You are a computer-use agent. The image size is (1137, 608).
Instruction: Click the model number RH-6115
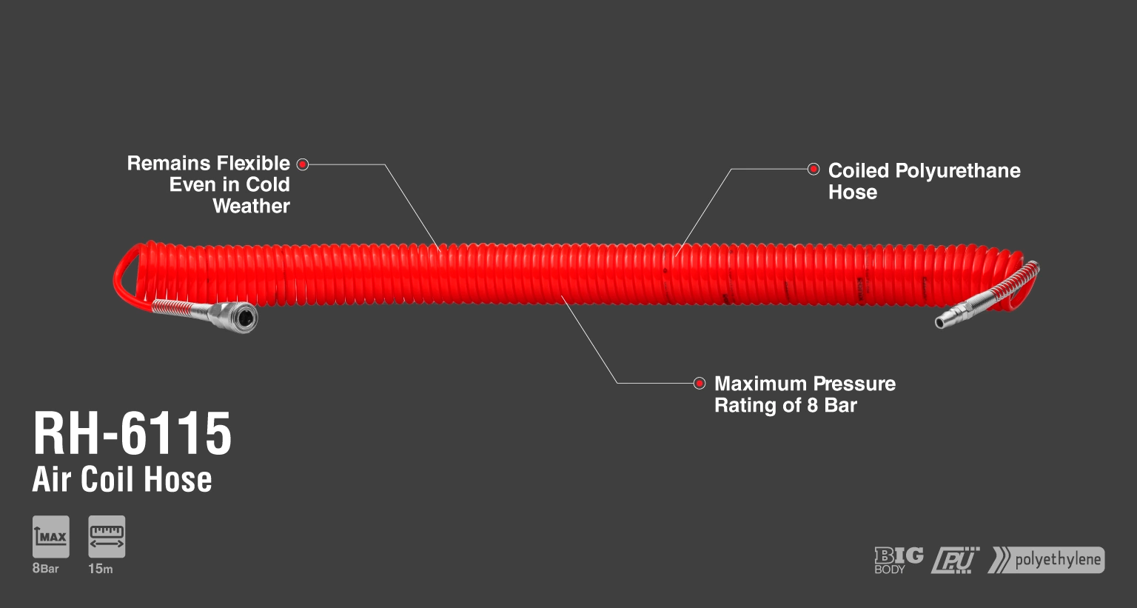pos(133,433)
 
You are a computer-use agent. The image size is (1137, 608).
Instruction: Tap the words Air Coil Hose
pos(122,479)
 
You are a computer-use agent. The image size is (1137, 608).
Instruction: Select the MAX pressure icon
pos(51,537)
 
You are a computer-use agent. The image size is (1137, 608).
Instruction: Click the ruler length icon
pos(107,537)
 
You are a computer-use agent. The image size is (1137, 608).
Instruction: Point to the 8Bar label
pos(46,569)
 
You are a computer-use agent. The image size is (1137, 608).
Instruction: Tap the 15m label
pos(101,569)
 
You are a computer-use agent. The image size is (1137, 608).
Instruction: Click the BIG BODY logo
pos(899,561)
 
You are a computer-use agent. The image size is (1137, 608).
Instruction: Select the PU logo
pos(956,561)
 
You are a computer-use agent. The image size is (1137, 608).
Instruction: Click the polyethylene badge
pos(1046,560)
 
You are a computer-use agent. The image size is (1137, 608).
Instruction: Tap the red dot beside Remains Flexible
pos(303,164)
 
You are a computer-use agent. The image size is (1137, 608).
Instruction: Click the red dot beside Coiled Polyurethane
pos(814,169)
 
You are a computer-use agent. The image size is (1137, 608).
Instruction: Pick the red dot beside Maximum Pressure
pos(700,383)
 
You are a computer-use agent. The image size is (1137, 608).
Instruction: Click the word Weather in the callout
pos(251,206)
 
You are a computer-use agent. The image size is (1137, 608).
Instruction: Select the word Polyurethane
pos(958,171)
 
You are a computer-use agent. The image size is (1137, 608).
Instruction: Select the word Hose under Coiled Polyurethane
pos(853,193)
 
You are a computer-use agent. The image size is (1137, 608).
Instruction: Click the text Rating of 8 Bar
pos(785,405)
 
